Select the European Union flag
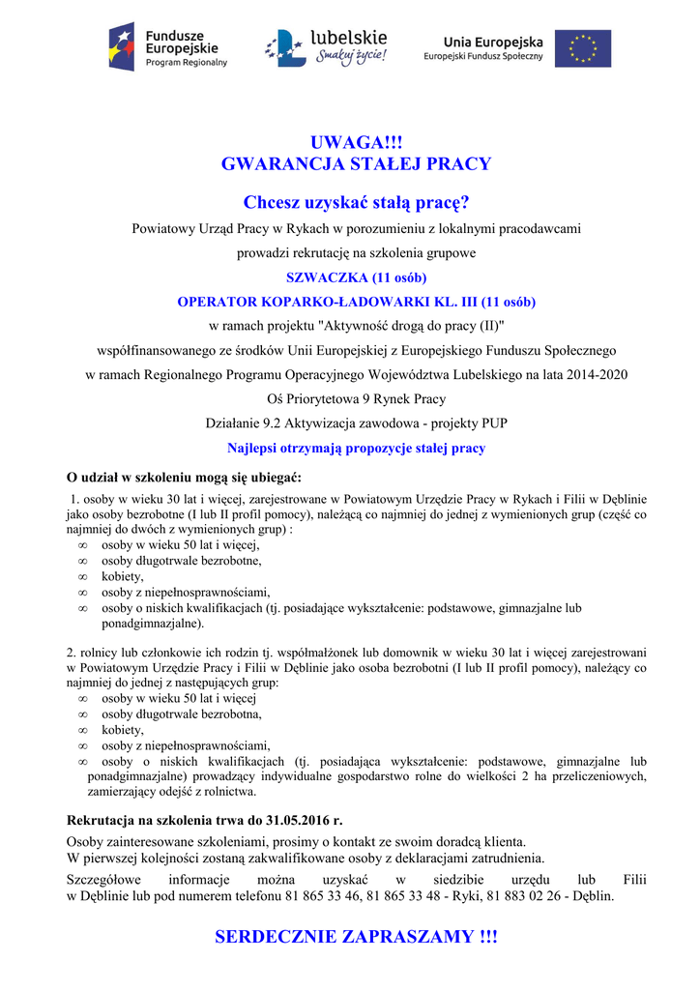[x=582, y=48]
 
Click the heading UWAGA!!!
[x=356, y=143]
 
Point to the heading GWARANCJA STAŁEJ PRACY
[x=356, y=164]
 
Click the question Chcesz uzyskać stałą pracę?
[x=356, y=203]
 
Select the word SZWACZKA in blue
[x=321, y=277]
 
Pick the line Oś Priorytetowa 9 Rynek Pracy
[x=356, y=398]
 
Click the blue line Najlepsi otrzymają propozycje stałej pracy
[x=356, y=449]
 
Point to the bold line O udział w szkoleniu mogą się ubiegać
[x=184, y=478]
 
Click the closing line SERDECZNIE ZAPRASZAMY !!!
[x=356, y=937]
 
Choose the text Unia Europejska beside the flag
[x=493, y=42]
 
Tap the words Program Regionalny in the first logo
[x=187, y=63]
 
